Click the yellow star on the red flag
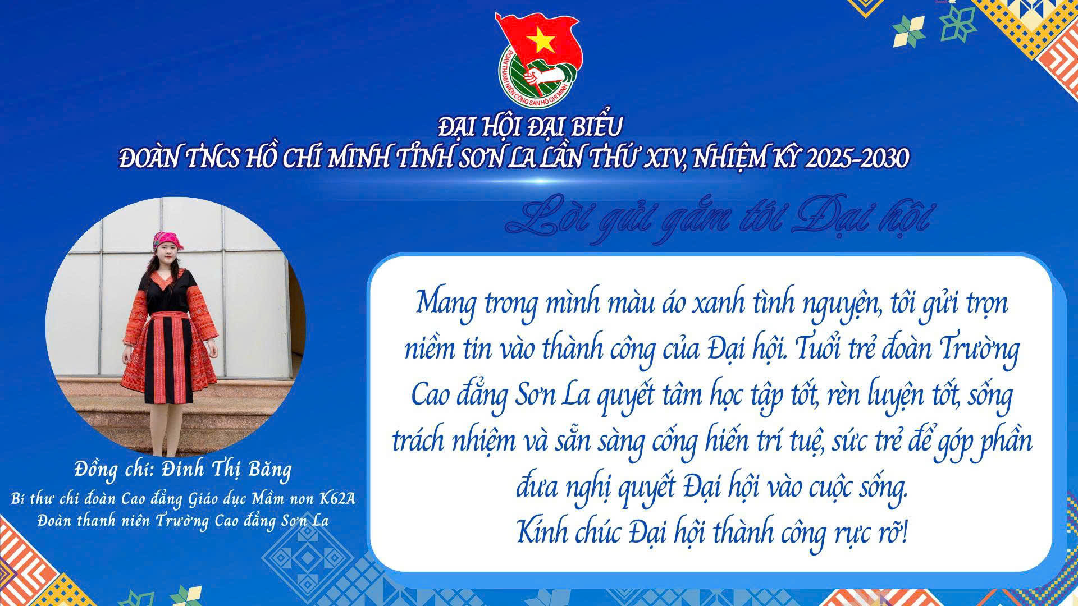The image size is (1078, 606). pyautogui.click(x=540, y=39)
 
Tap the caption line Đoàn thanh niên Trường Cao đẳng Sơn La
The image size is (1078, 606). pyautogui.click(x=183, y=521)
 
